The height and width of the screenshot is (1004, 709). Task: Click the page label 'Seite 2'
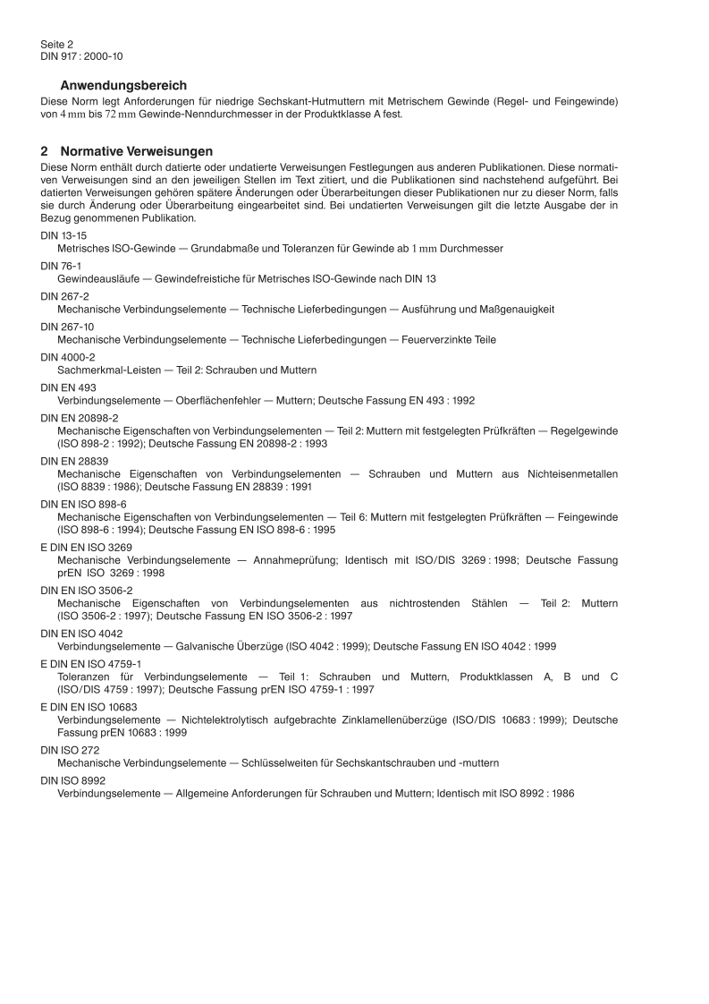coord(56,43)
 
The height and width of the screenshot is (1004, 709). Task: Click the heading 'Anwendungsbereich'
coord(123,86)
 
